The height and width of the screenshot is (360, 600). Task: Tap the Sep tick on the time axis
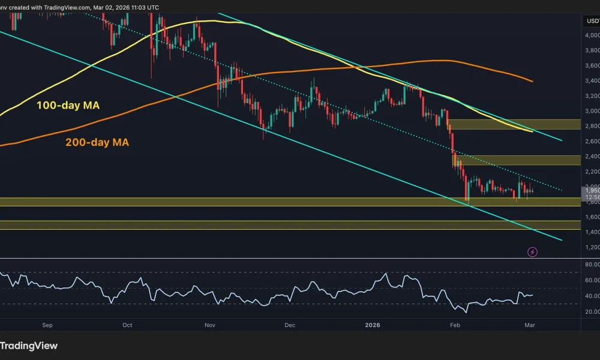[48, 325]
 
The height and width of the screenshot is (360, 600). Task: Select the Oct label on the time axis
[127, 325]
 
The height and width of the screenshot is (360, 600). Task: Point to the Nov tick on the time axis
[209, 325]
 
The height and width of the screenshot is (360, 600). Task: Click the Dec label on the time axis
[290, 325]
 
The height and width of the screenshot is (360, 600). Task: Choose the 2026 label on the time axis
[373, 325]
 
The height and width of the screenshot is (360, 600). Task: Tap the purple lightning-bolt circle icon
[532, 252]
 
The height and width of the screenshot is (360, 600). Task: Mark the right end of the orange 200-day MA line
[533, 81]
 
